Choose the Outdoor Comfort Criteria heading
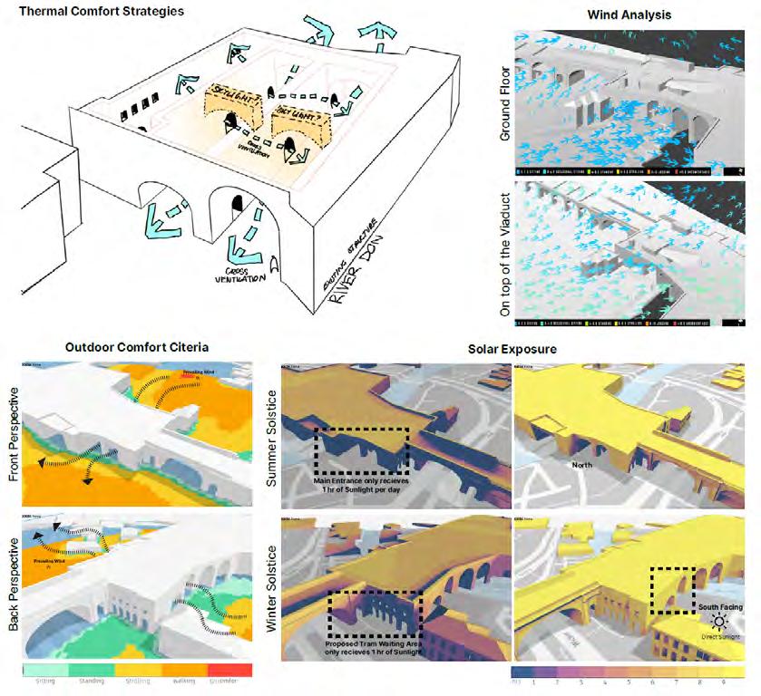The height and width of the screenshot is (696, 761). [x=137, y=346]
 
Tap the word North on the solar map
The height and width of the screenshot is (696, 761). [x=583, y=463]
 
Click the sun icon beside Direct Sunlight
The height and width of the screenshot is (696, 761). [x=720, y=622]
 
